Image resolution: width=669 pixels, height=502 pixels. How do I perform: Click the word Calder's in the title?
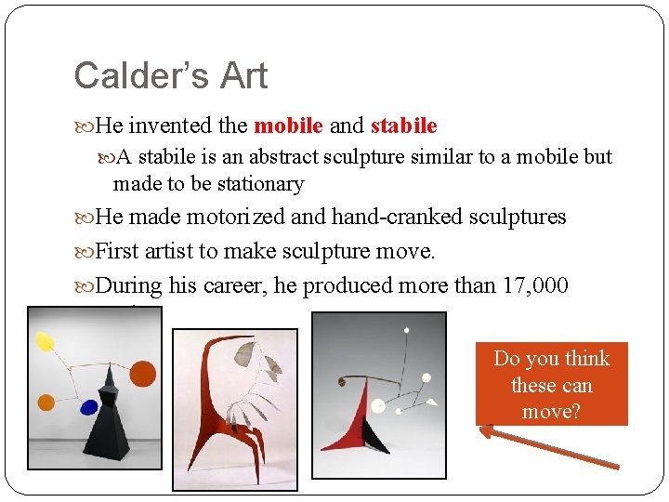[x=137, y=76]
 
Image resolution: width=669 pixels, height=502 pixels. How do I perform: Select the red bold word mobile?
[x=288, y=125]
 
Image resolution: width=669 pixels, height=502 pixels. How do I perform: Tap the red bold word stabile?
[x=403, y=125]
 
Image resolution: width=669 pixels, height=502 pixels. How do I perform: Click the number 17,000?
[x=536, y=285]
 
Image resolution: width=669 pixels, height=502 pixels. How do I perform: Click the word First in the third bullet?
[x=117, y=251]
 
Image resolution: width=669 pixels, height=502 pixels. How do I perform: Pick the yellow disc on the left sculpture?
[x=44, y=342]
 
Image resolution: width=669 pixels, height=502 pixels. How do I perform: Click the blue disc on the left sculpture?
[x=90, y=406]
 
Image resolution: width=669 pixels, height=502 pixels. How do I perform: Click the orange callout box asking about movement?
[x=551, y=384]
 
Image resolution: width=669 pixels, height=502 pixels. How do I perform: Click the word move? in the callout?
[x=551, y=411]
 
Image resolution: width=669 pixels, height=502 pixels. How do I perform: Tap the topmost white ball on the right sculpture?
[x=406, y=328]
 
